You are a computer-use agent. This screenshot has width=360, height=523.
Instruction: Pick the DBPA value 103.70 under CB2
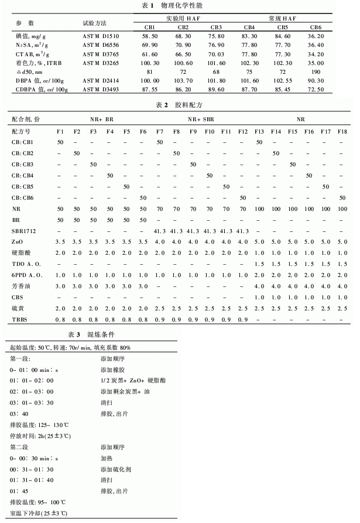pos(183,80)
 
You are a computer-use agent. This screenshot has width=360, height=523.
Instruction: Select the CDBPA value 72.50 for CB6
pos(316,89)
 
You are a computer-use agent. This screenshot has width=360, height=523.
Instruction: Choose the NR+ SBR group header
pos(201,118)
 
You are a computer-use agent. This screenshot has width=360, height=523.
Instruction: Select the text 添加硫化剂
pos(115,469)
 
